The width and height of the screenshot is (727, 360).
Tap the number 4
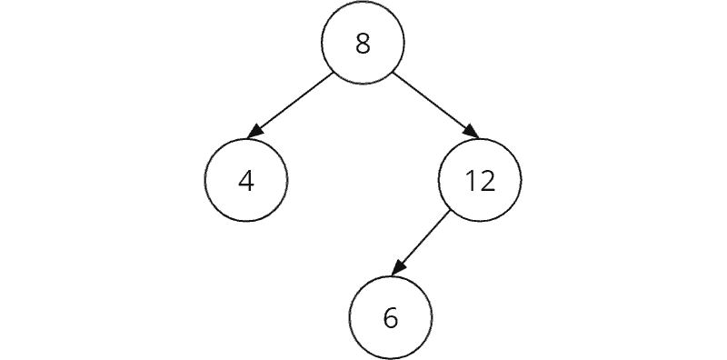tap(245, 181)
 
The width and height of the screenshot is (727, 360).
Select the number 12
tap(480, 181)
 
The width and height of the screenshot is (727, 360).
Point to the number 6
tap(391, 317)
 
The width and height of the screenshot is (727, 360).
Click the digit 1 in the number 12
tap(471, 181)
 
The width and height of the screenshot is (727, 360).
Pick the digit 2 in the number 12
tap(488, 181)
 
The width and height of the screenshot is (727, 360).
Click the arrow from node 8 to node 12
tap(434, 104)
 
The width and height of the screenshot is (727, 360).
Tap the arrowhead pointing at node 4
tap(255, 133)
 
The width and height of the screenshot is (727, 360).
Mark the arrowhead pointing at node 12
tap(471, 133)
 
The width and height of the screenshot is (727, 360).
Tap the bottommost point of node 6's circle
tap(391, 358)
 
